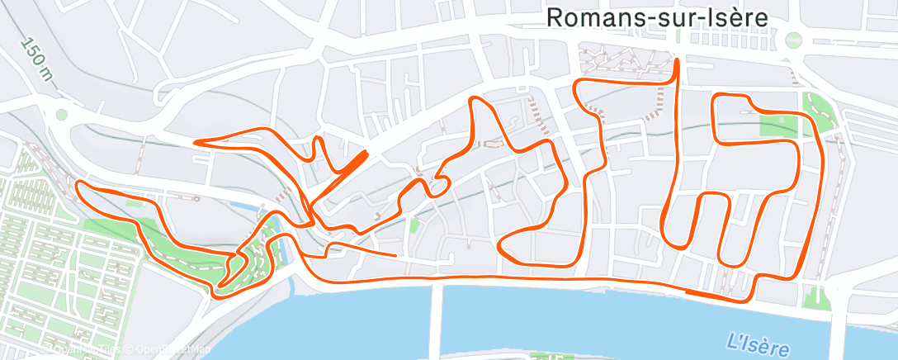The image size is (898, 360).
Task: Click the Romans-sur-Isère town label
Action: click(657, 17)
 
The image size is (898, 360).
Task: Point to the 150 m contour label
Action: click(38, 61)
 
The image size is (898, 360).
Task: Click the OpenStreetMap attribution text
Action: click(172, 350)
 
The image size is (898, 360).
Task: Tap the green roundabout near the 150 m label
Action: click(60, 115)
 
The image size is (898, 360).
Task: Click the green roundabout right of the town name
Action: click(793, 39)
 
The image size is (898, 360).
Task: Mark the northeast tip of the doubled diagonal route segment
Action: click(365, 152)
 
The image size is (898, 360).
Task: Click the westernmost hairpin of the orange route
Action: click(78, 185)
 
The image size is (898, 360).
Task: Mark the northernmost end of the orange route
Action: click(677, 60)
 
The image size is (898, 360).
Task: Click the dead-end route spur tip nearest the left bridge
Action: click(396, 255)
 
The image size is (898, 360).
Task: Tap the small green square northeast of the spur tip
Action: click(414, 223)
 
